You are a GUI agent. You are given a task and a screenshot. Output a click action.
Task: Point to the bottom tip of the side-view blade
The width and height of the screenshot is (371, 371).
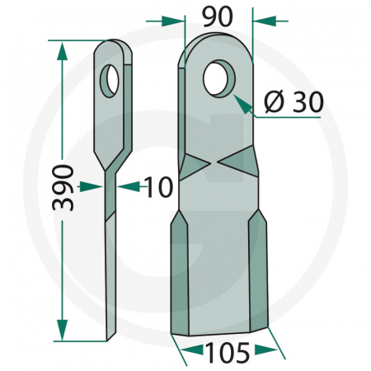click(x=110, y=336)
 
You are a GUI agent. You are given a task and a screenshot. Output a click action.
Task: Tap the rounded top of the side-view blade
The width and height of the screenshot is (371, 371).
click(x=113, y=45)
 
